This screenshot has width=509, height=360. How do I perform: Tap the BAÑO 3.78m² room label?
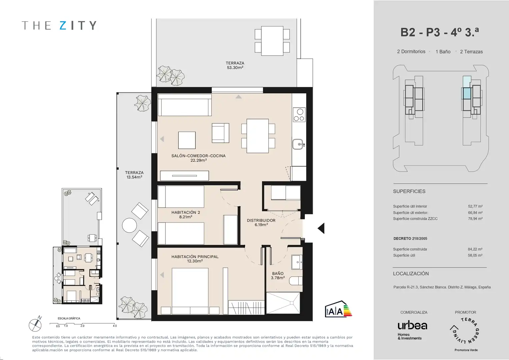point(278,275)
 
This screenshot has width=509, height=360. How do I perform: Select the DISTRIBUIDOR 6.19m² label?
point(261,223)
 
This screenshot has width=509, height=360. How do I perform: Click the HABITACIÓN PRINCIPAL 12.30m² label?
point(195,259)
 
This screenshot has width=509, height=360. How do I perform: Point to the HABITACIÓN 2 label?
point(186,212)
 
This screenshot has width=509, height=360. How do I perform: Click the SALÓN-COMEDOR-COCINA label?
point(198,156)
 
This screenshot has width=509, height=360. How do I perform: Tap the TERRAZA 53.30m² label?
point(235,65)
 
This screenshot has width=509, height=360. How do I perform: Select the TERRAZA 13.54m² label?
point(134,175)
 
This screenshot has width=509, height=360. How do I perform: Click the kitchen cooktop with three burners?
point(299,115)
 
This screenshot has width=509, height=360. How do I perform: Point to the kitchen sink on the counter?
point(298,144)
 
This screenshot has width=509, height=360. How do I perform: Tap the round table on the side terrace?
point(129,225)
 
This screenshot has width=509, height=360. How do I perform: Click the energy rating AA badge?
point(338,309)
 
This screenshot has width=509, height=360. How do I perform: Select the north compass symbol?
point(35,324)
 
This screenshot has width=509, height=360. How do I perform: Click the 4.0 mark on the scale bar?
point(115,326)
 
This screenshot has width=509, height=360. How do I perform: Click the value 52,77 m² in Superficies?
point(475,206)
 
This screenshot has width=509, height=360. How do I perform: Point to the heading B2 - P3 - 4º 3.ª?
point(440,32)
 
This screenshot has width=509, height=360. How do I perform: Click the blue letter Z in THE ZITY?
point(63,25)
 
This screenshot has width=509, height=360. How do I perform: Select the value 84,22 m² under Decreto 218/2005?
point(475,249)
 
